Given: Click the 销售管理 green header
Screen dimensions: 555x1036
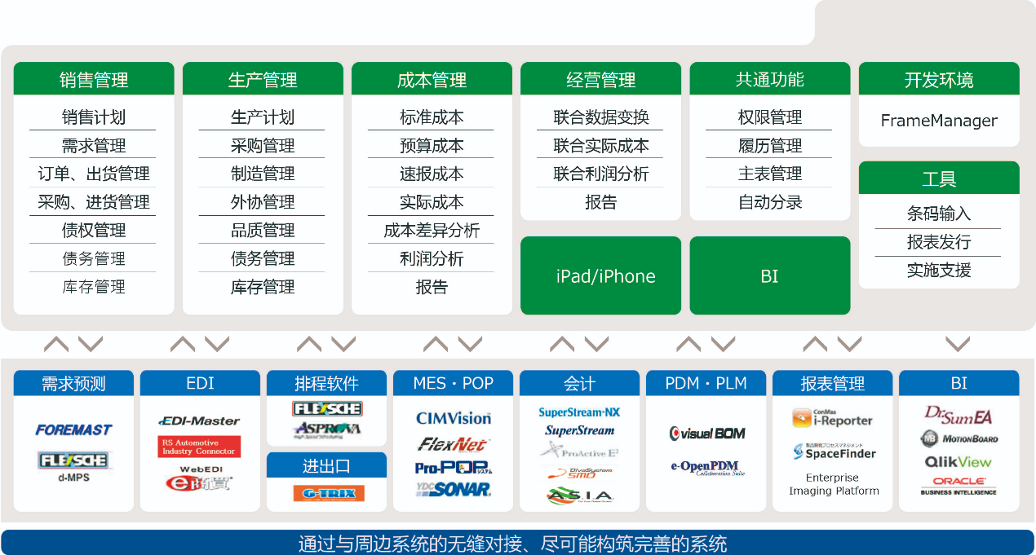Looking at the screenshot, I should [94, 80].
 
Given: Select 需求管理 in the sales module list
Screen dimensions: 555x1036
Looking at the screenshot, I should [94, 146].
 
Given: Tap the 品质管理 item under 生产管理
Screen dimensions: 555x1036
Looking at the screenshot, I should [263, 231].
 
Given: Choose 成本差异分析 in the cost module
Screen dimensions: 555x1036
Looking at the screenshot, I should [432, 231].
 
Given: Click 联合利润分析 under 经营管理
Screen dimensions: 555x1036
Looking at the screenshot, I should [601, 174].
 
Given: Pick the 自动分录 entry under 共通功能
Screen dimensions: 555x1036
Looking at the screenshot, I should [770, 202].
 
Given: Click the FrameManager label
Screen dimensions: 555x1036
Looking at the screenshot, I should [939, 121].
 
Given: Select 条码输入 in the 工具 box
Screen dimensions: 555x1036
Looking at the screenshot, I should [939, 214].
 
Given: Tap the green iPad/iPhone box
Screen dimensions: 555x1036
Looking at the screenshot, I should [601, 276].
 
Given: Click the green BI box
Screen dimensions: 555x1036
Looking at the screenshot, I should [769, 276].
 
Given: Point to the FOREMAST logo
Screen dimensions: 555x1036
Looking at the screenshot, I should [73, 429].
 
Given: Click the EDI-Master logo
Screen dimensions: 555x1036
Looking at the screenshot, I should [200, 421].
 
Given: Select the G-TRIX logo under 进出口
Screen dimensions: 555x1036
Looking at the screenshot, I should [328, 493].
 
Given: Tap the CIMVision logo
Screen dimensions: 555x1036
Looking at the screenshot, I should [454, 418].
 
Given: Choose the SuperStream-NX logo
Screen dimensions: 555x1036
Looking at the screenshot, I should [579, 412].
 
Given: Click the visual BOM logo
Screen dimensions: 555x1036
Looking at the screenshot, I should [707, 434].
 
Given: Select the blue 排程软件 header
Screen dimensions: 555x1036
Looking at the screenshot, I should [326, 383].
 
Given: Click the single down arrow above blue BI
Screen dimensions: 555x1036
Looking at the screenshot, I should [957, 343].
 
